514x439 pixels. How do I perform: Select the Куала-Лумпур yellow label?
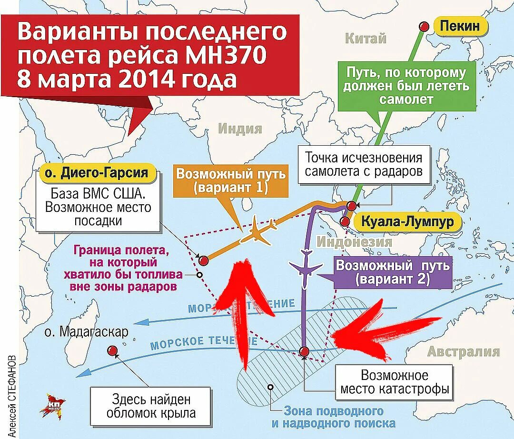coord(405,222)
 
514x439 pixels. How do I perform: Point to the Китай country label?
coord(366,39)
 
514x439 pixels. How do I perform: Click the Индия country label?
coord(240,129)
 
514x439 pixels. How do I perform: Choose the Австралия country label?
coord(464,352)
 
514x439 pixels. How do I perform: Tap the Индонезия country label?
coord(355,241)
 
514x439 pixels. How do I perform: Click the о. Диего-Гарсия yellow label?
coord(98,172)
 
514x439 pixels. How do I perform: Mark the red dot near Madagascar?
coord(113,351)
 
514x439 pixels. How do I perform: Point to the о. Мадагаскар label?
coord(85,331)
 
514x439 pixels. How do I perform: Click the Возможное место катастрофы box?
coord(394,382)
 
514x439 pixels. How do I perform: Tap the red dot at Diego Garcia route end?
coord(204,260)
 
